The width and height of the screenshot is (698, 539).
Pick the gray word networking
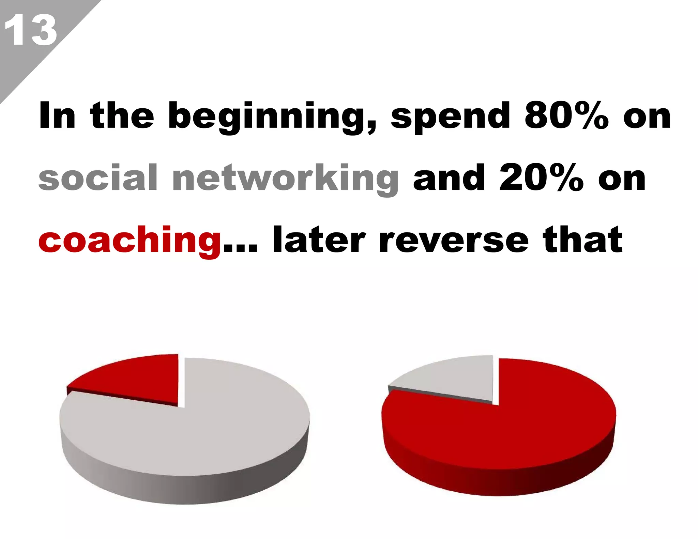tap(286, 179)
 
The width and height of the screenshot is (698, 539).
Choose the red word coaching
tap(130, 241)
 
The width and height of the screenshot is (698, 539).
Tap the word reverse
tap(454, 241)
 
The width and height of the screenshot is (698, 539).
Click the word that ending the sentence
tap(583, 240)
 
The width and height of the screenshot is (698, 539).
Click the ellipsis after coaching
tap(240, 249)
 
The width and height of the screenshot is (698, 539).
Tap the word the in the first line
tap(122, 116)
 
